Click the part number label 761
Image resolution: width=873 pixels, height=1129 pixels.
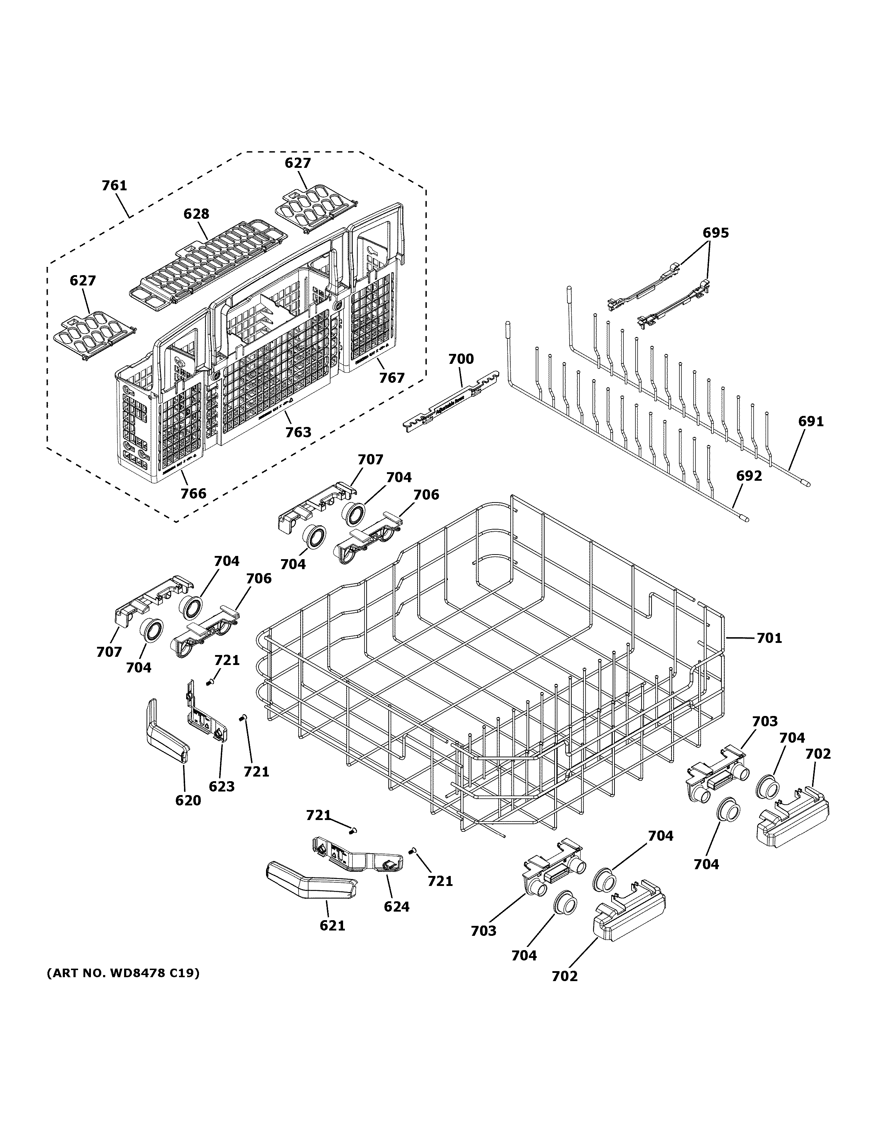pos(114,186)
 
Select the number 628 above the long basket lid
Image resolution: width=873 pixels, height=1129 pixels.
pos(196,214)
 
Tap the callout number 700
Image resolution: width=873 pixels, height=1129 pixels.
pos(461,359)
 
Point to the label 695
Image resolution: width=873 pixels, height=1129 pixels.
pos(715,233)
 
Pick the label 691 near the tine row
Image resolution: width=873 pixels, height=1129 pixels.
pos(811,422)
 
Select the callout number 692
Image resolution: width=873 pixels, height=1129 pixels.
pos(749,476)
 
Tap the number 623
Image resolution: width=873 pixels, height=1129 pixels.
pos(221,787)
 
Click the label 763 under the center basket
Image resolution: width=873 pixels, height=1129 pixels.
pos(298,432)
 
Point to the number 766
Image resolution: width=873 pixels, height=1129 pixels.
pos(193,494)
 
